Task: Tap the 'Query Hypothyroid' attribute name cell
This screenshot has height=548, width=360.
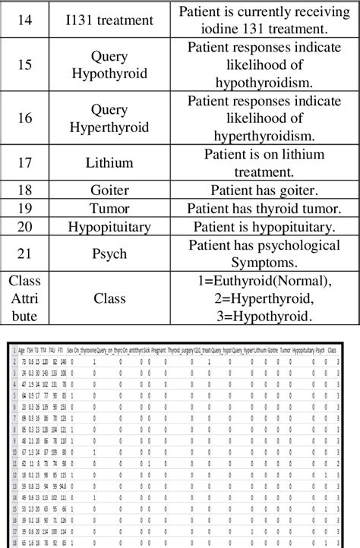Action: pyautogui.click(x=109, y=65)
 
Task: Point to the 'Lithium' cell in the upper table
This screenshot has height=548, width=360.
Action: pyautogui.click(x=109, y=162)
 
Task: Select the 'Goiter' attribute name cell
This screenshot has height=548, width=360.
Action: pyautogui.click(x=109, y=189)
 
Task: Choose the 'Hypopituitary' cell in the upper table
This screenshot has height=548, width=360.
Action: pyautogui.click(x=109, y=226)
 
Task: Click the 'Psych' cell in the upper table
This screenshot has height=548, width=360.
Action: pyautogui.click(x=109, y=253)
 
